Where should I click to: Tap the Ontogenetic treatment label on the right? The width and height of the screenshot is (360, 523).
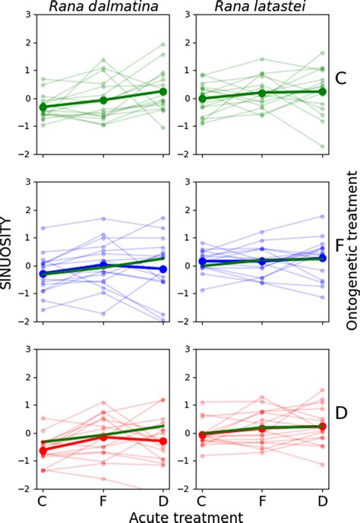[x=351, y=251]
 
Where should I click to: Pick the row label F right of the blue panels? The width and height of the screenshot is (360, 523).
[x=341, y=247]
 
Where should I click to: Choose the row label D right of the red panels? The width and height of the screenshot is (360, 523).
[x=341, y=415]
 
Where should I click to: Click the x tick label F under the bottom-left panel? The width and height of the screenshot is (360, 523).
[x=103, y=501]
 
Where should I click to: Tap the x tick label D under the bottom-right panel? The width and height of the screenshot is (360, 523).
[x=322, y=501]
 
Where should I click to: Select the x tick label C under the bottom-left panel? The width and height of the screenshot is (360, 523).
[x=43, y=501]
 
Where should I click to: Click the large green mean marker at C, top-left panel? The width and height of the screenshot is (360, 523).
[x=43, y=108]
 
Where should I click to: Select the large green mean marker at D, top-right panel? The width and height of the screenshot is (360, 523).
[x=322, y=91]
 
